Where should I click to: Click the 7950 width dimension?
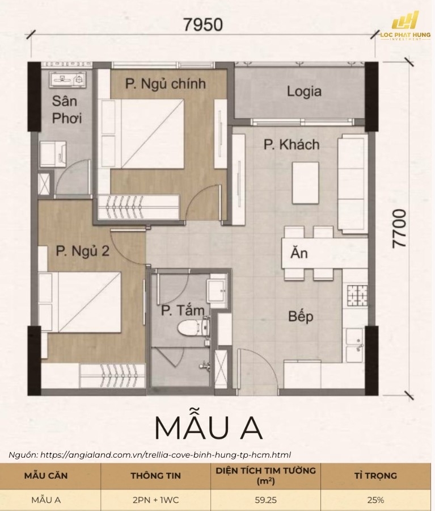tap(203, 24)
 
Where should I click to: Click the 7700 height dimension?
tap(399, 228)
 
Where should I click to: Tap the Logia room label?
tap(304, 91)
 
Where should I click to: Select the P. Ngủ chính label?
tap(166, 84)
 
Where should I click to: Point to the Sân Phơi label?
tap(66, 110)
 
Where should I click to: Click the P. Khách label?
tap(292, 145)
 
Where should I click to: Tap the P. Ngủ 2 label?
tap(82, 251)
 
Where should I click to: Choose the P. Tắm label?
tap(183, 310)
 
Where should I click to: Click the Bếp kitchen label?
tap(301, 316)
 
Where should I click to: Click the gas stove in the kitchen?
tap(357, 295)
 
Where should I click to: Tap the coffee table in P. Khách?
tap(306, 183)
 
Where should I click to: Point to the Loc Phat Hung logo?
tap(406, 26)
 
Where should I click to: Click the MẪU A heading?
tap(208, 428)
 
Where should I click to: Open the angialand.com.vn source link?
tap(165, 455)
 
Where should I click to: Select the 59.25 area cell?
tap(265, 500)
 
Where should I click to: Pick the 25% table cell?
tap(375, 500)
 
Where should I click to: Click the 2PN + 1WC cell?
tap(155, 500)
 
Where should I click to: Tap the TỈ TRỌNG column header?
tap(375, 475)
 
